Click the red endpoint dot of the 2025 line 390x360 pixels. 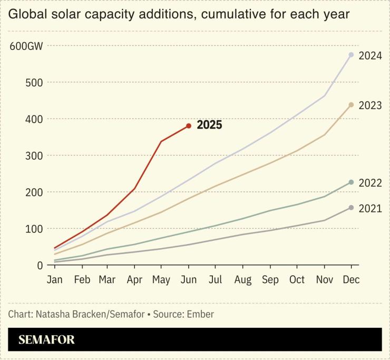coord(189,126)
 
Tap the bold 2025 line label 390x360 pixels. coord(209,125)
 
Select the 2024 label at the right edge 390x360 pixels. coord(370,56)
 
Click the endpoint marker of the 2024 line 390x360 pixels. coord(351,55)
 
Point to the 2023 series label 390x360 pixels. coord(370,105)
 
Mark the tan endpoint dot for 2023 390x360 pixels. coord(351,105)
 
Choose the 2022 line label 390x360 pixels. coord(370,183)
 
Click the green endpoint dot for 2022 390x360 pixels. coord(351,182)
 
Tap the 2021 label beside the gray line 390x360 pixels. coord(370,209)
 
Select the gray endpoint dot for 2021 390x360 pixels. coord(351,208)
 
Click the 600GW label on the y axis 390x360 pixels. coord(26,46)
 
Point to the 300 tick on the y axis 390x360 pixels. coord(34,155)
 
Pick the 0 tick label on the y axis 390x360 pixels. coord(40,265)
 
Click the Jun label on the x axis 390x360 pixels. coord(188,279)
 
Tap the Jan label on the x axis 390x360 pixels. coord(54,279)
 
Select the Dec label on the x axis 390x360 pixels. coord(351,279)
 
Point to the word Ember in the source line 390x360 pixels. coord(201,314)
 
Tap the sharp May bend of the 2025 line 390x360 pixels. coord(161,141)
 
